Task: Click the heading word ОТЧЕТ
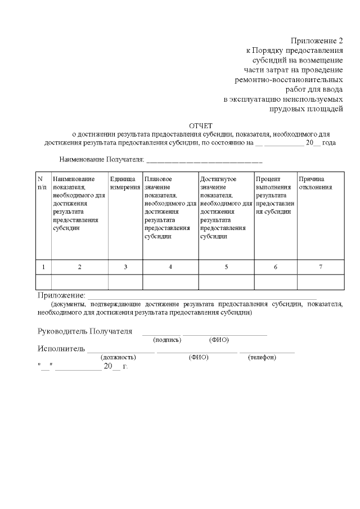pos(201,125)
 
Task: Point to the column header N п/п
pos(42,183)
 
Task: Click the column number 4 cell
pos(170,267)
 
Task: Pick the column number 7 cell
pos(321,267)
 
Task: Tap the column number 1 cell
pos(43,267)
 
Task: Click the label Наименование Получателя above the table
pos(102,160)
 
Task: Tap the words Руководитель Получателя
pos(84,331)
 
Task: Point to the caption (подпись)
pos(167,340)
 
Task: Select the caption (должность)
pos(118,357)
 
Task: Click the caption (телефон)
pos(262,357)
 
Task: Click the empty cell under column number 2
pos(79,281)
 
